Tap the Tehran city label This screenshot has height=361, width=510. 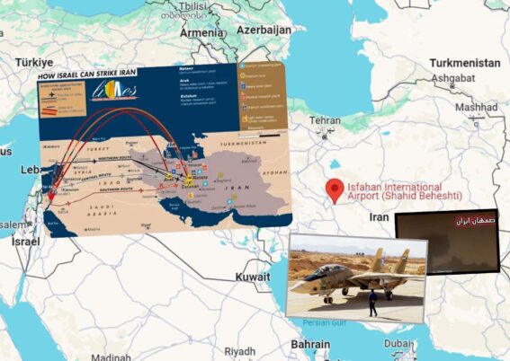[325, 119]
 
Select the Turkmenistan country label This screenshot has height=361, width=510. [463, 64]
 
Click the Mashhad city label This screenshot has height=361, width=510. [476, 108]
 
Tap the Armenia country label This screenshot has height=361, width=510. [201, 32]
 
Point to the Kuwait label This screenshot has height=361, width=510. [253, 277]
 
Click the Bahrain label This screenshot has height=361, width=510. [309, 344]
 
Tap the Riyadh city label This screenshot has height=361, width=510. [240, 351]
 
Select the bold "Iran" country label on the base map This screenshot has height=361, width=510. [379, 217]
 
